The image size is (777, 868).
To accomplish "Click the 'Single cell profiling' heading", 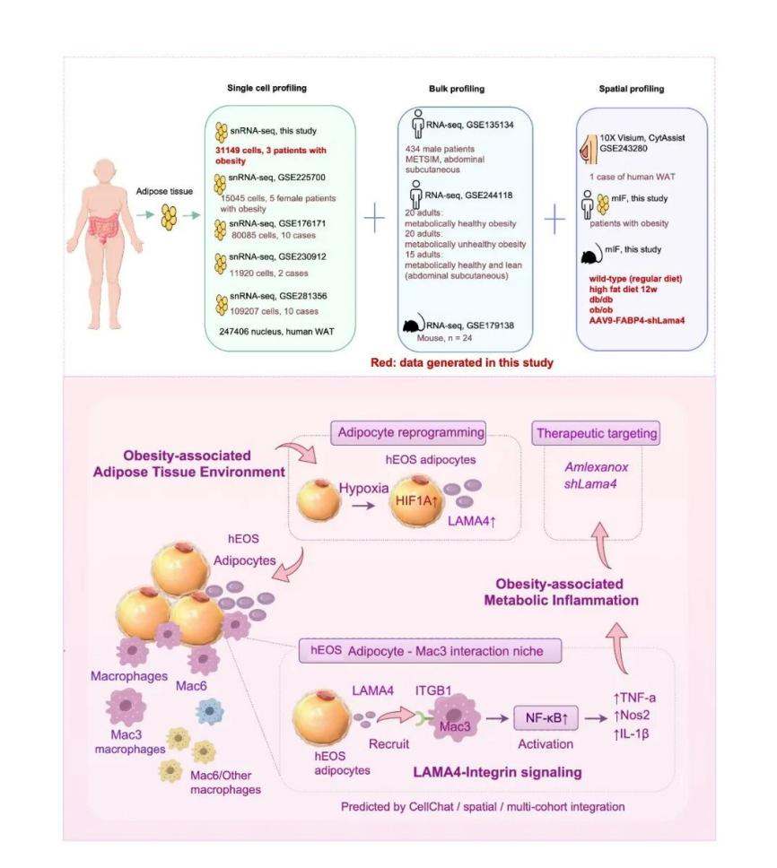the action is pos(266,88).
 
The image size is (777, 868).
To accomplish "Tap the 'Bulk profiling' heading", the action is pos(457,89).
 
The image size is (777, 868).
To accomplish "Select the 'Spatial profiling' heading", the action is pos(632,89).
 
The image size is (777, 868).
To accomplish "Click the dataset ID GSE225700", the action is pos(301,178).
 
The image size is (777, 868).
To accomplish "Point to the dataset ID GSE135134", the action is pos(490,126).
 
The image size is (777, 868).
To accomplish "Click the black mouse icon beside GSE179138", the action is pos(412,324).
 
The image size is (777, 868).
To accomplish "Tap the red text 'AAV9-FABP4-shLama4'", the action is pos(637,320).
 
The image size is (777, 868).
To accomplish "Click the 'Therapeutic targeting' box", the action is pos(596,433).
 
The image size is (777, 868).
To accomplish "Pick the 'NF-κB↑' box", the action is pos(546,718).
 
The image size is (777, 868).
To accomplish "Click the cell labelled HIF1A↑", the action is pos(416,501).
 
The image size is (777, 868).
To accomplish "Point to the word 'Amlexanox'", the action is pos(597,467).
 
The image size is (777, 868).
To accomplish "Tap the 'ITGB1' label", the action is pos(433,690).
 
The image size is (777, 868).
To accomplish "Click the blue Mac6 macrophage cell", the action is pos(210,711).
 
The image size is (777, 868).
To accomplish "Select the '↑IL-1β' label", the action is pos(632,734).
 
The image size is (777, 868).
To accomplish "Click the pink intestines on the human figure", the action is pos(103,226).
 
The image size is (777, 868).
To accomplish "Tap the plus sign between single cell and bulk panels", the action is pos(374,218).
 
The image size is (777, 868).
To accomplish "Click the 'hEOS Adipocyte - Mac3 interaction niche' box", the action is pos(430,651).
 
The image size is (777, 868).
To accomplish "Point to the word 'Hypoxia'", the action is pos(364,488).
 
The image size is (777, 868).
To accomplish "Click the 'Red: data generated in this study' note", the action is pos(462,362).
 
